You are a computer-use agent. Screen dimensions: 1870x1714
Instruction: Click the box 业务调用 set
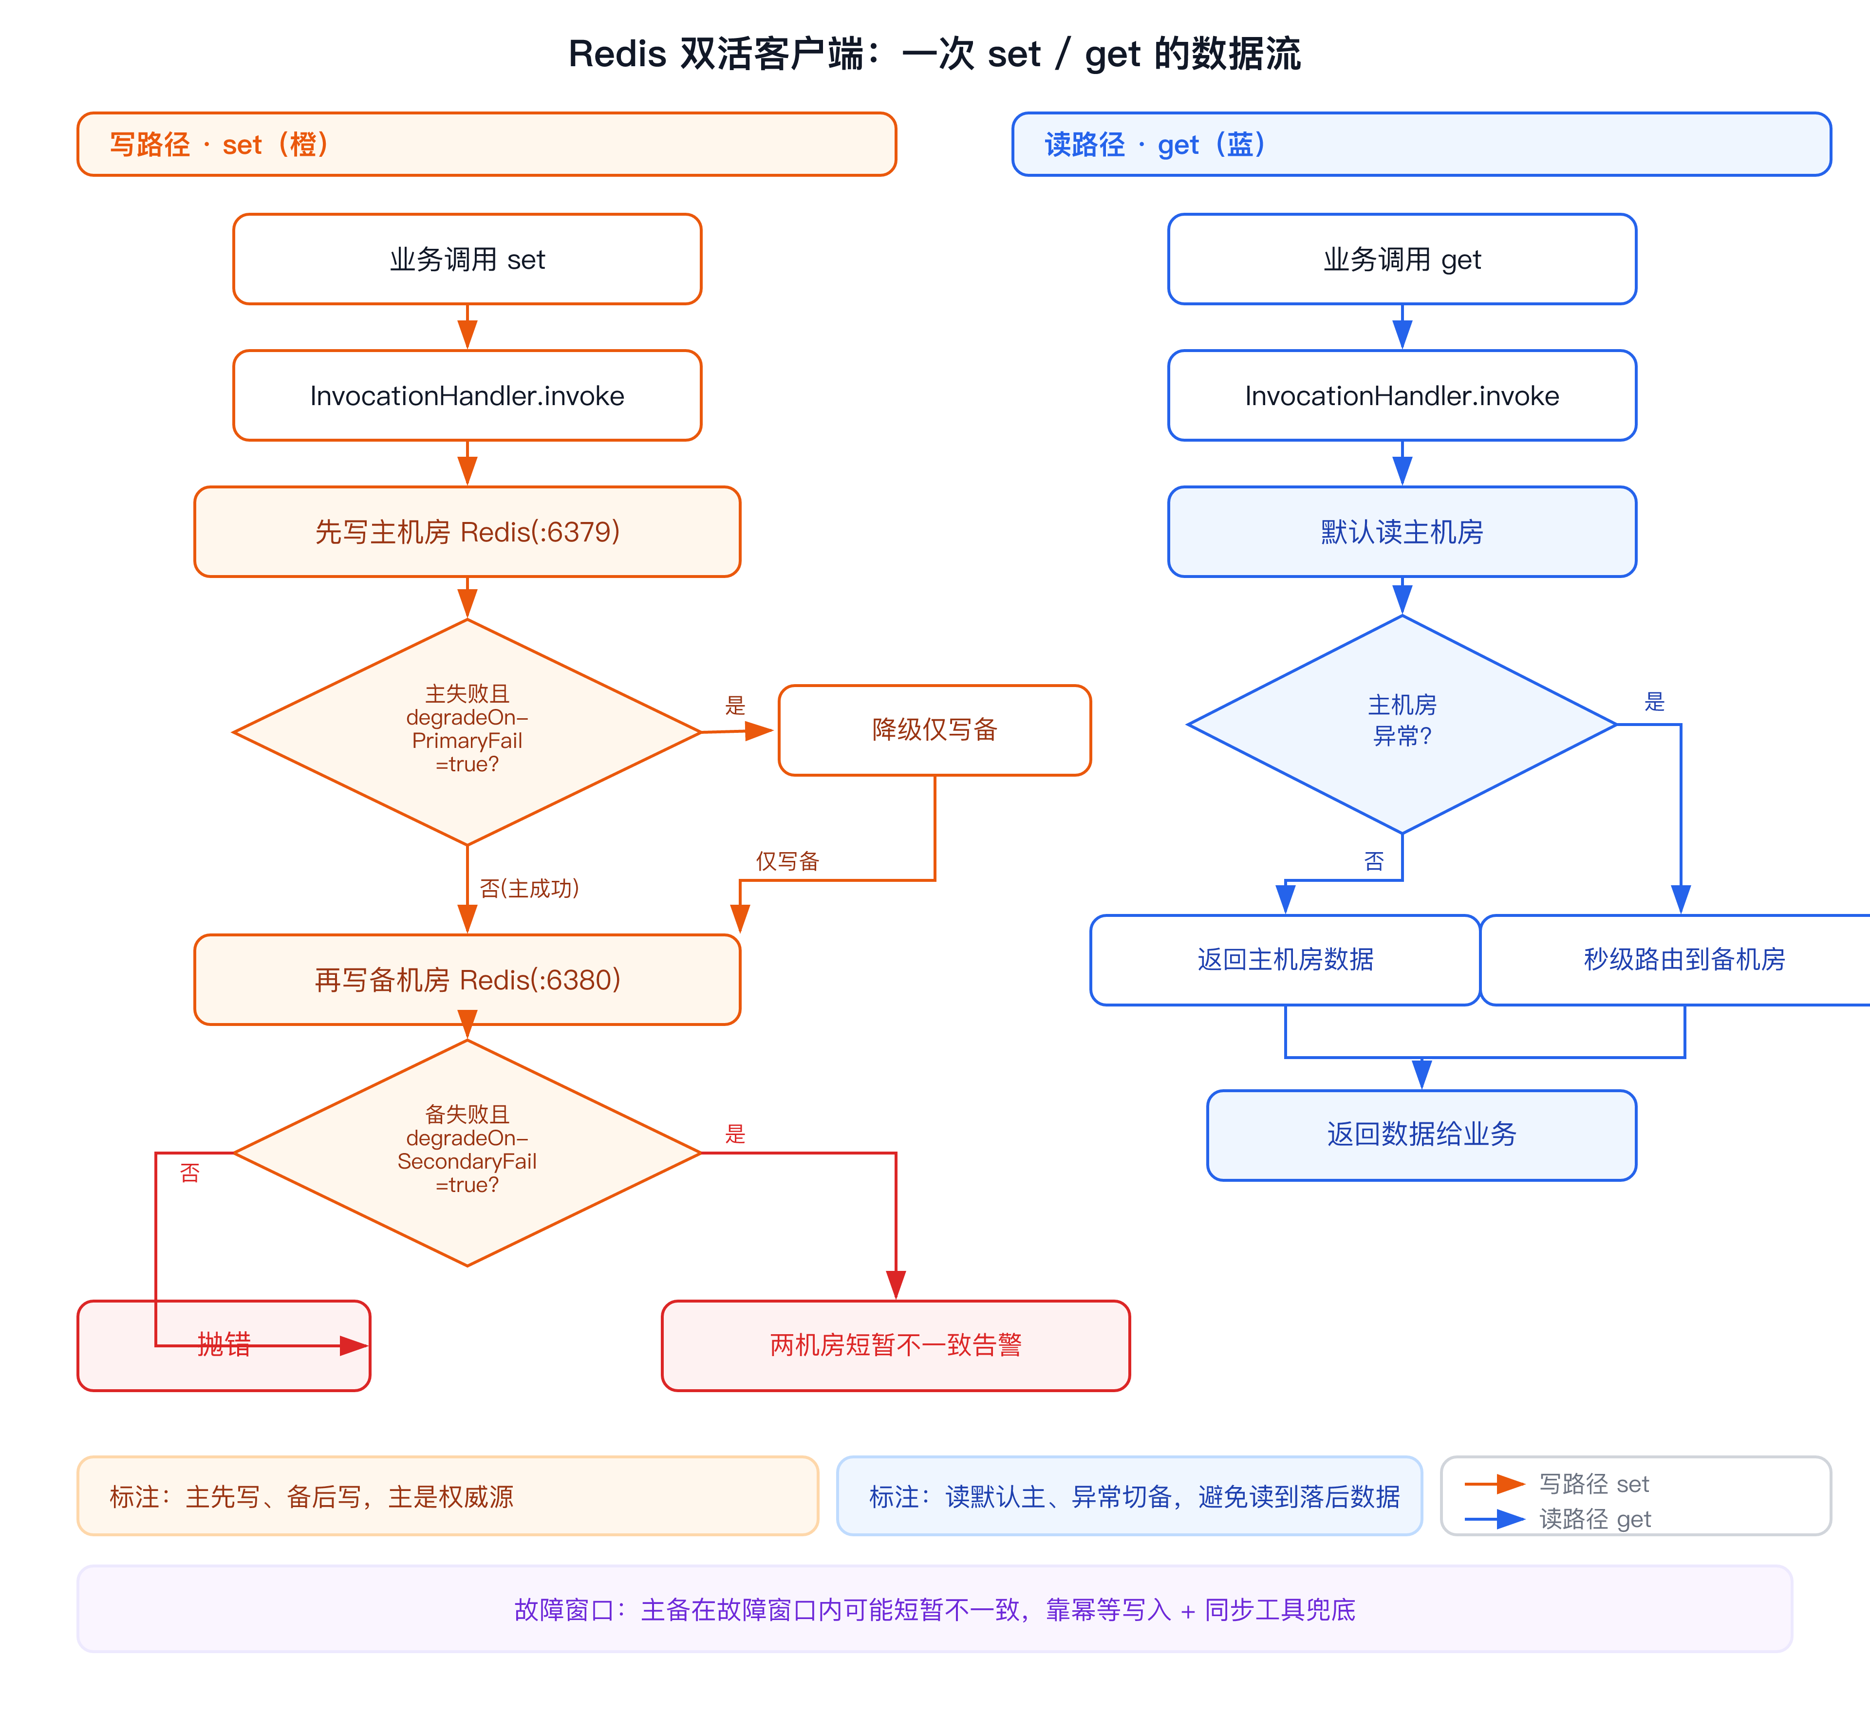[467, 259]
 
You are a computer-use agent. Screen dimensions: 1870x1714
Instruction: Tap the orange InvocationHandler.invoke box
[467, 395]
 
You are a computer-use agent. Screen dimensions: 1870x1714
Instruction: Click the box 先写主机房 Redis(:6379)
[467, 531]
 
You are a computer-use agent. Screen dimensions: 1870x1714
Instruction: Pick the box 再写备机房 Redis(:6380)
[467, 979]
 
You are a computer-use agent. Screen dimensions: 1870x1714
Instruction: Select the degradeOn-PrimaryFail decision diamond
[467, 732]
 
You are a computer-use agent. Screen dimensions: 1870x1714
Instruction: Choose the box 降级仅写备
[935, 730]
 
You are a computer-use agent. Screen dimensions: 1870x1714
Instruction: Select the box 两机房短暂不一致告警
[896, 1345]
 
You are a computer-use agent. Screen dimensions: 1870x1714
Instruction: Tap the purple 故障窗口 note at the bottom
[935, 1609]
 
